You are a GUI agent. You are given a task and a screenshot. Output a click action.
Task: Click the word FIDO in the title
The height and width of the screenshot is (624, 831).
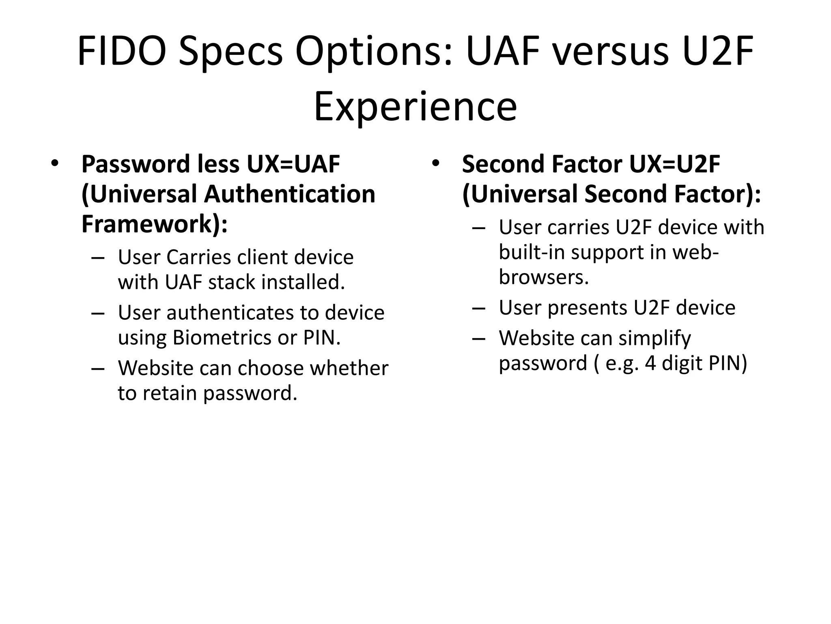pyautogui.click(x=122, y=52)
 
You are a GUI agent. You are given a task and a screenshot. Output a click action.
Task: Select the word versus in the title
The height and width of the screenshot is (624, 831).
pyautogui.click(x=609, y=52)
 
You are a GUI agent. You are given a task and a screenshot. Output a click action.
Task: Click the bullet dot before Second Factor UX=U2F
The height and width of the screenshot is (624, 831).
pyautogui.click(x=435, y=163)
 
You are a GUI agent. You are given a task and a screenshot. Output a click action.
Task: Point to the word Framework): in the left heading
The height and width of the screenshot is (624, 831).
pyautogui.click(x=154, y=224)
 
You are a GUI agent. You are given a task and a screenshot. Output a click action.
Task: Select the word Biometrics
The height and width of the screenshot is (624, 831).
pyautogui.click(x=222, y=338)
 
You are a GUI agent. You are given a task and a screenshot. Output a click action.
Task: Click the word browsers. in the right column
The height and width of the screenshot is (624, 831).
pyautogui.click(x=543, y=277)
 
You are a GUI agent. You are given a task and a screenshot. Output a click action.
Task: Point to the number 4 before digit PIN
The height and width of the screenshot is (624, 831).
pyautogui.click(x=650, y=363)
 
